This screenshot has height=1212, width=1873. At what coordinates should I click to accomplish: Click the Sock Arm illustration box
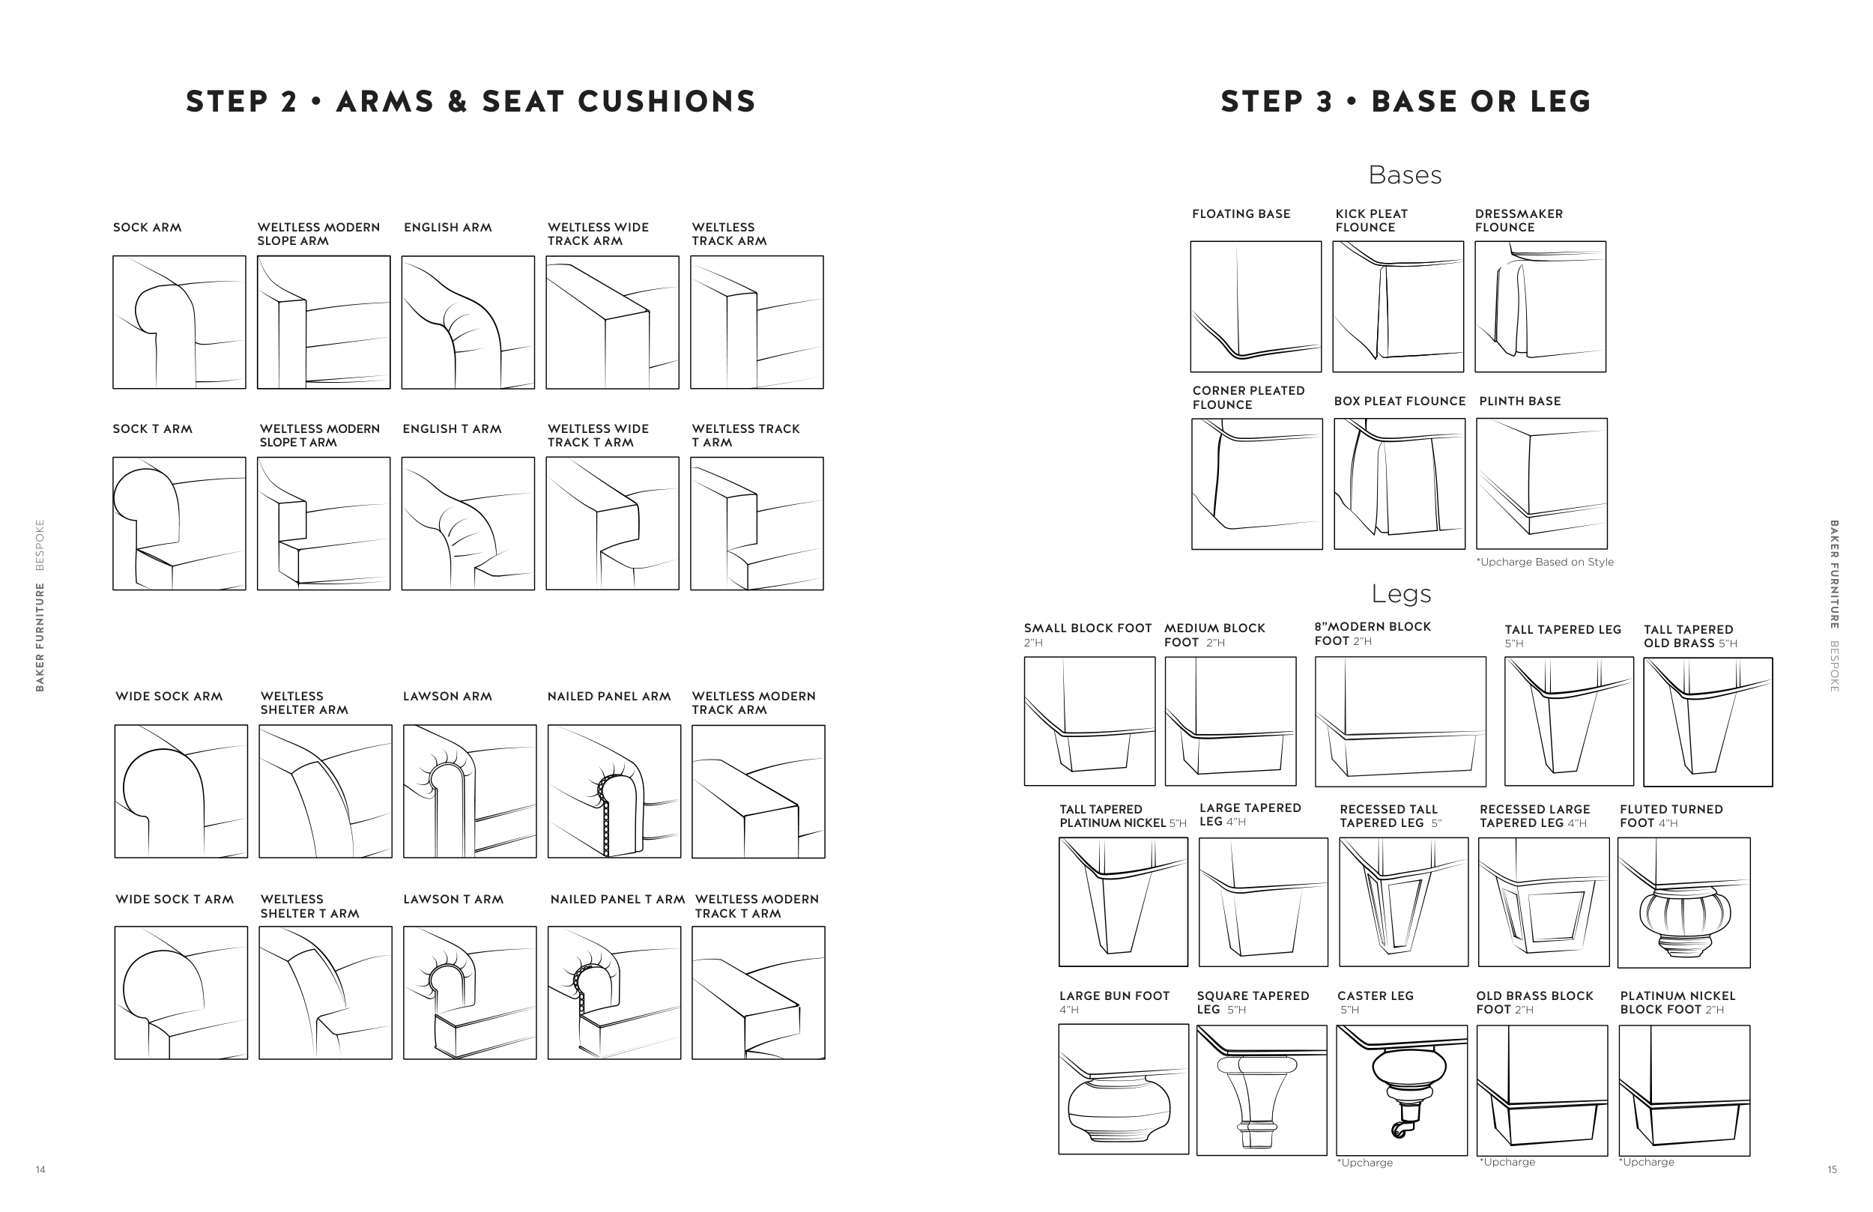point(178,322)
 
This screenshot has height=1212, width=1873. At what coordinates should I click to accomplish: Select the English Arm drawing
point(468,322)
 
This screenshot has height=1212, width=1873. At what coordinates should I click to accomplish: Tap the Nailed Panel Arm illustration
point(614,791)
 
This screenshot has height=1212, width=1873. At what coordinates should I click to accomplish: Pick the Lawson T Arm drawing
point(470,993)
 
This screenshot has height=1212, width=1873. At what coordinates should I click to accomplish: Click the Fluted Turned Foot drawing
point(1683,902)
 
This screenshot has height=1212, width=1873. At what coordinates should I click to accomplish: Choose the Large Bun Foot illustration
point(1123,1088)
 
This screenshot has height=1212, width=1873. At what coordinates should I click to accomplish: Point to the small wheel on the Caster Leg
point(1399,1130)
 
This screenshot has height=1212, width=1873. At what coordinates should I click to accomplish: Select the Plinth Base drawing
point(1541,483)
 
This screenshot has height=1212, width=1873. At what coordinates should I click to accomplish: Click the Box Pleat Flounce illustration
point(1400,483)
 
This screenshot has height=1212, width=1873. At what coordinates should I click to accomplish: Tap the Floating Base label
point(1240,214)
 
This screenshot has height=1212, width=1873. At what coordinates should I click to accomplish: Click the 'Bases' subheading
point(1405,175)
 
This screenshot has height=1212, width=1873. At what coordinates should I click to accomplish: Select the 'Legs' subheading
point(1401,593)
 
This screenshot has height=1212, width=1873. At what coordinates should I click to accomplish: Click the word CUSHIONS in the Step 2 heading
point(667,102)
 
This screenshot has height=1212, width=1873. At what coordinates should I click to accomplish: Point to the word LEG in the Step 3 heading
point(1561,102)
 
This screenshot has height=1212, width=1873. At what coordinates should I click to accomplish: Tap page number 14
point(40,1169)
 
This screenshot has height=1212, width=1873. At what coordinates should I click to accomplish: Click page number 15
point(1832,1169)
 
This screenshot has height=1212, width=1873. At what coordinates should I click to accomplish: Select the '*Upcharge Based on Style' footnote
point(1544,562)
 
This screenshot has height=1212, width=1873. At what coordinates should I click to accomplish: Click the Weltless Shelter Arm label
point(303,703)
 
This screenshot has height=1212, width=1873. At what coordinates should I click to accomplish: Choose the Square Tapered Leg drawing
point(1261,1090)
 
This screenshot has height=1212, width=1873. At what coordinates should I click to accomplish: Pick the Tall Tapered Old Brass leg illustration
point(1707,721)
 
